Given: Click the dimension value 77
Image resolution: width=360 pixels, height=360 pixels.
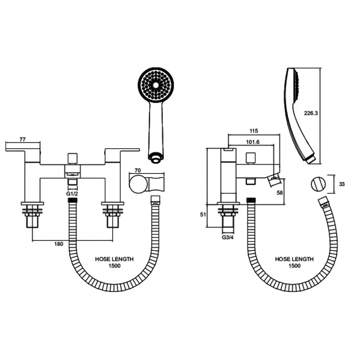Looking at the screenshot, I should tap(23, 139).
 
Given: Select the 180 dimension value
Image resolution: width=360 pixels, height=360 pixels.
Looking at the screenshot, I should tap(59, 244).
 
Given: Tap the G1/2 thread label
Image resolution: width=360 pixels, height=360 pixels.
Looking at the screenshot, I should tap(72, 194).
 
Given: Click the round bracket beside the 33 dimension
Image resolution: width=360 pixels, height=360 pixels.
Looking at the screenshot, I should tap(318, 183).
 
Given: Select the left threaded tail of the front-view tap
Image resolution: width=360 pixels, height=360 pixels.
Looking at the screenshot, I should tap(32, 217).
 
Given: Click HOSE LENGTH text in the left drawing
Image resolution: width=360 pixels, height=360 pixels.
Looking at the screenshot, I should tap(111, 259).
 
